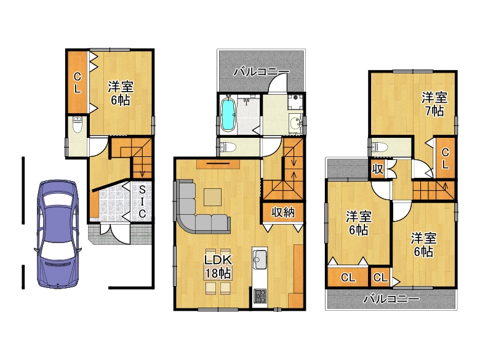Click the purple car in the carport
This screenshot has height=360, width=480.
(x=57, y=234)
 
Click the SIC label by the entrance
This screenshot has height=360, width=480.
(x=142, y=202)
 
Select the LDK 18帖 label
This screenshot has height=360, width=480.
(x=218, y=266)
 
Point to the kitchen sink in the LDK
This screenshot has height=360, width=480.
(x=260, y=260)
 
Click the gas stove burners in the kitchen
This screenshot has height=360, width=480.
(x=260, y=297)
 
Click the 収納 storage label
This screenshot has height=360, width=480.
(x=283, y=212)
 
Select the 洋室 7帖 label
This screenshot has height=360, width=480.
(x=434, y=104)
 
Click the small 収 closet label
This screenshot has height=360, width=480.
(x=378, y=169)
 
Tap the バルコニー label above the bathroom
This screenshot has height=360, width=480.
(x=262, y=72)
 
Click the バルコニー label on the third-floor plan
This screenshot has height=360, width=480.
(x=391, y=298)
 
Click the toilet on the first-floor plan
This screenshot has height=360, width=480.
(x=78, y=124)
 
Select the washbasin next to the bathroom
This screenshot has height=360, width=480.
(x=295, y=124)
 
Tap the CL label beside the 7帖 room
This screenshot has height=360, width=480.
(x=446, y=158)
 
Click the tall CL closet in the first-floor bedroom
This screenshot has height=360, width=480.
(x=78, y=82)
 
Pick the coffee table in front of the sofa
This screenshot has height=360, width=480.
(x=213, y=197)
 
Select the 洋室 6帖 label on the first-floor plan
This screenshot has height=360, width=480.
(x=121, y=94)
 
